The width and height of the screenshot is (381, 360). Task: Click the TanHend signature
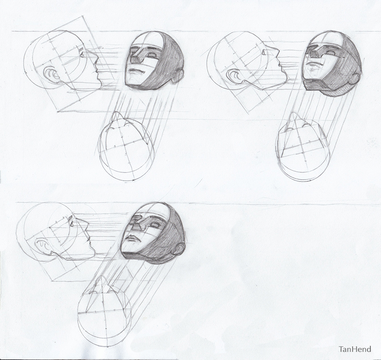[355, 349]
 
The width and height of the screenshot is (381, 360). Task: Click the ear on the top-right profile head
[234, 77]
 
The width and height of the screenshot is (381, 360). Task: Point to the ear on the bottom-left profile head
[43, 246]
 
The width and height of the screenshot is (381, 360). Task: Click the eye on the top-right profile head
[264, 52]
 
